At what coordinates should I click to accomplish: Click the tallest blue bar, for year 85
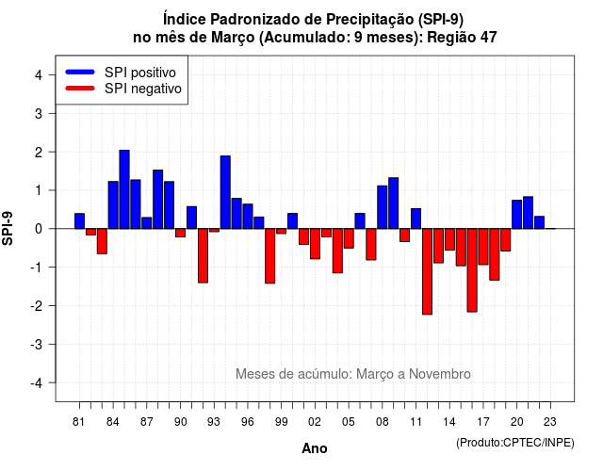(124, 189)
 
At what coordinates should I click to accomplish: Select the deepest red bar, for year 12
(427, 271)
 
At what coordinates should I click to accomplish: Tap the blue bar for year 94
(225, 192)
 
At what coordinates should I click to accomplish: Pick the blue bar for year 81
(79, 221)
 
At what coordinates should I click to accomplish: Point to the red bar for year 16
(472, 270)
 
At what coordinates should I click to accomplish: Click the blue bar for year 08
(383, 207)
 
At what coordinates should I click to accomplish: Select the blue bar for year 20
(517, 215)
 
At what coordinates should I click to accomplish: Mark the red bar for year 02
(315, 244)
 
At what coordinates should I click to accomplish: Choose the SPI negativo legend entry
(123, 89)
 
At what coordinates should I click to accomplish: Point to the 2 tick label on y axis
(39, 153)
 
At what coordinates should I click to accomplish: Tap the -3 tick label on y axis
(36, 345)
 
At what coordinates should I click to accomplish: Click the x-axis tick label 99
(281, 422)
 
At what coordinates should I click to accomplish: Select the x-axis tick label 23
(550, 422)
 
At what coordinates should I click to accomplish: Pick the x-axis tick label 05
(349, 422)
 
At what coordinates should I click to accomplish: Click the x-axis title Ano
(315, 448)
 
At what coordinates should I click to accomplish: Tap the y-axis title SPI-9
(8, 228)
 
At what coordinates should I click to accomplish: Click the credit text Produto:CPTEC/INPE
(515, 443)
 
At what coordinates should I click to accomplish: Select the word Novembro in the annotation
(440, 374)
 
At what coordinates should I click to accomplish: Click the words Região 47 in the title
(462, 38)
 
